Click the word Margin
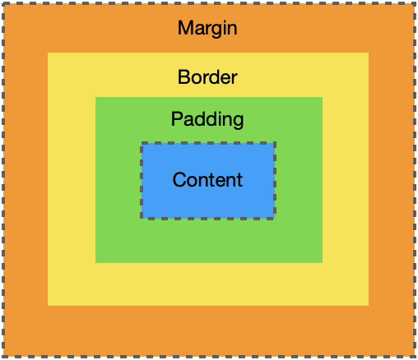coord(207,29)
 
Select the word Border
coord(207,77)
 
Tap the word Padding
coord(207,119)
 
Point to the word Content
coord(207,180)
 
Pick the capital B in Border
coord(183,77)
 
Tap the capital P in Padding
coord(177,118)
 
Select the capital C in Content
coord(179,180)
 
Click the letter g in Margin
coord(216,30)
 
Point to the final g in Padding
coord(238,122)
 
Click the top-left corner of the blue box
coord(142,143)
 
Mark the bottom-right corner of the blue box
coord(275,219)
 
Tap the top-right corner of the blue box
coord(275,143)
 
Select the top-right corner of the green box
coord(323,97)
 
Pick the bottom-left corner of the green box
coord(95,263)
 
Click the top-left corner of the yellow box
coord(48,53)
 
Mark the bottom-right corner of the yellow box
coord(369,306)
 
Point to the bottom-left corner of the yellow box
coord(48,306)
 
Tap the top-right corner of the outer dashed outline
coord(415,3)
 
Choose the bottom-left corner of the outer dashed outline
coord(3,357)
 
